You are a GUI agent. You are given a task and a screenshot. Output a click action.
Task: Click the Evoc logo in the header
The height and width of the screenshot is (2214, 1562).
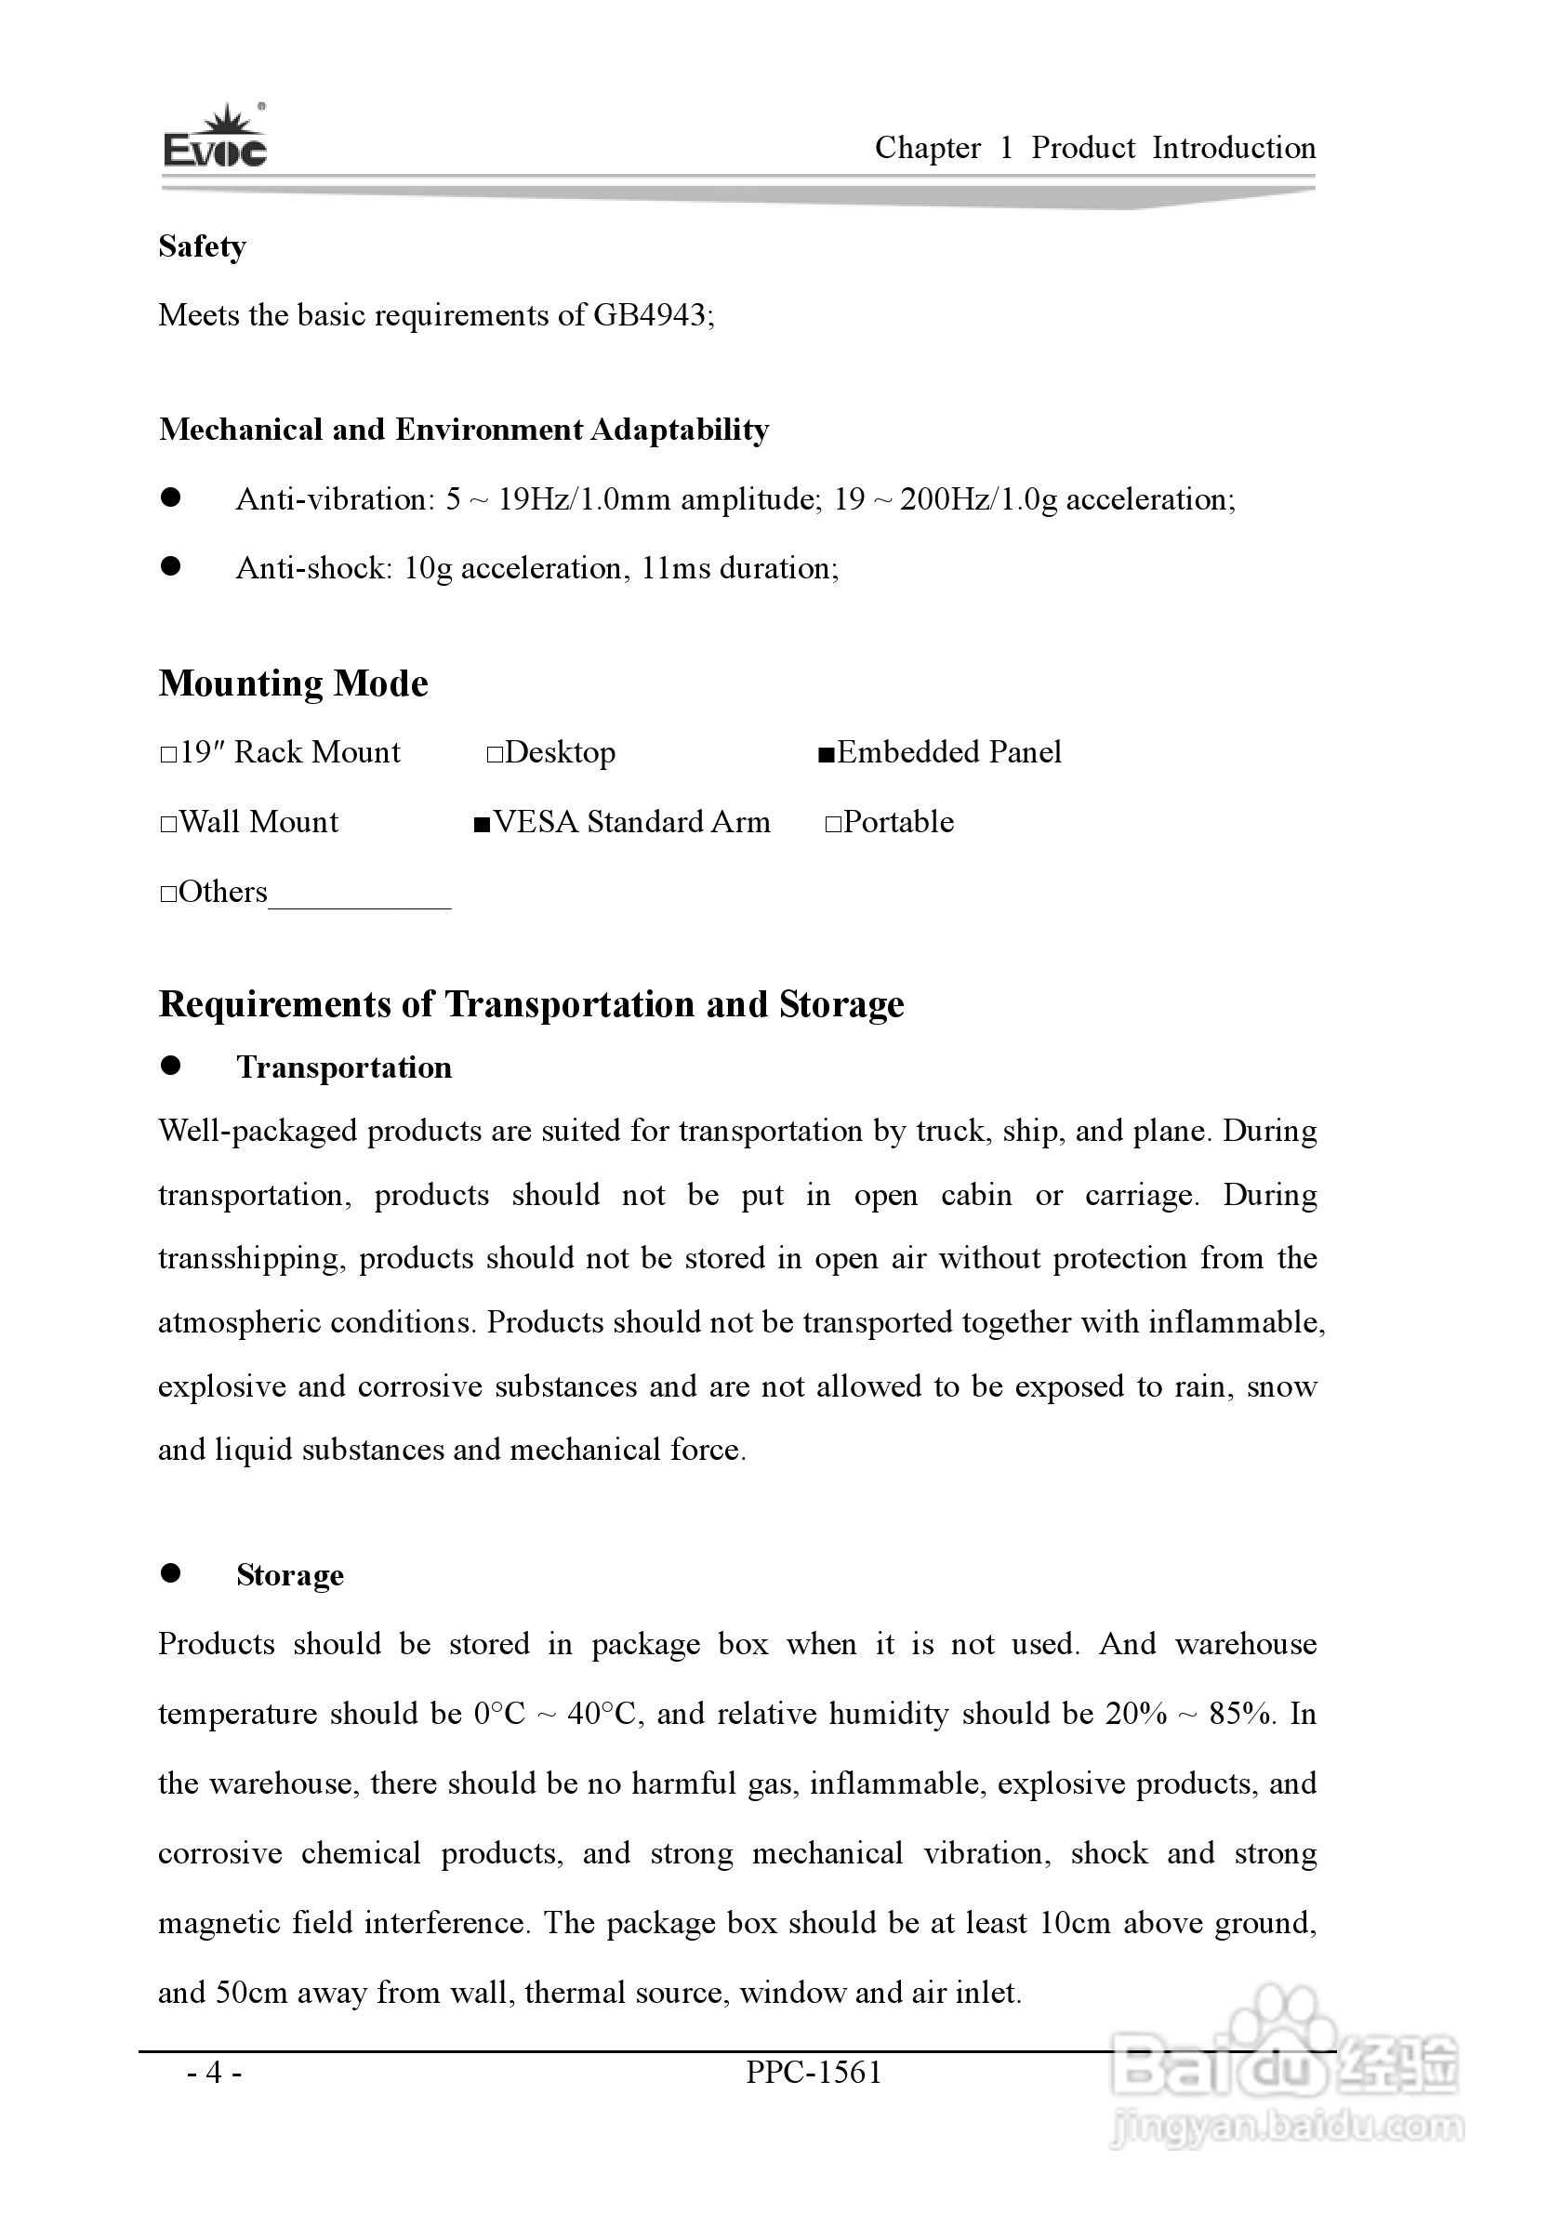(214, 137)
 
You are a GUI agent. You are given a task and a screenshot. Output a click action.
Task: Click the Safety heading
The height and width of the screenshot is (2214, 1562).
(203, 246)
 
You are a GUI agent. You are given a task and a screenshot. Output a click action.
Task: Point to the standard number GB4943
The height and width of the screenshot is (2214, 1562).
(650, 315)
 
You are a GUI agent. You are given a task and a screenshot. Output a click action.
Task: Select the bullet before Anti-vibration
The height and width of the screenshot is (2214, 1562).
(172, 497)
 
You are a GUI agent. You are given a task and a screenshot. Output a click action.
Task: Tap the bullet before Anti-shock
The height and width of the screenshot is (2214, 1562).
(172, 567)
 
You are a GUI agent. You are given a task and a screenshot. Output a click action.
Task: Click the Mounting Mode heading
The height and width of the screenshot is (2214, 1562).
(293, 683)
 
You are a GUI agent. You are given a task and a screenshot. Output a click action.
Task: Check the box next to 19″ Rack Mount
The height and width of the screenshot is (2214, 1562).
(167, 754)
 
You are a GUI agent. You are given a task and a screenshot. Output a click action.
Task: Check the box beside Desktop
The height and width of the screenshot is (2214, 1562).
(495, 754)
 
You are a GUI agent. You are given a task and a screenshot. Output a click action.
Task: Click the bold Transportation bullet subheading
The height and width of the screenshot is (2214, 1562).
(344, 1067)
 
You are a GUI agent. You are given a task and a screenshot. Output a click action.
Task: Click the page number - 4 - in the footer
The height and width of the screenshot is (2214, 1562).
(215, 2073)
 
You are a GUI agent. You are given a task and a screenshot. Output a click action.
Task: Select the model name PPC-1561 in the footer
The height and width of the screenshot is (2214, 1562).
(814, 2073)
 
